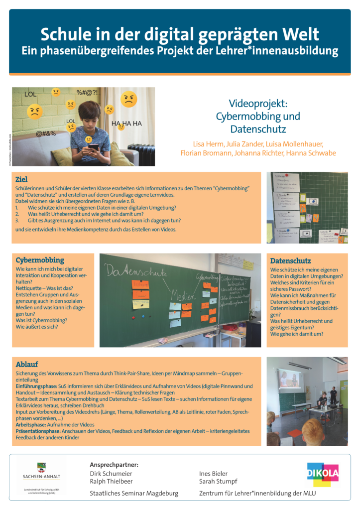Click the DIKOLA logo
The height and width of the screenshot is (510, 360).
click(x=323, y=474)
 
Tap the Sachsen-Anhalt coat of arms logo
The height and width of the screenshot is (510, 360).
click(x=41, y=468)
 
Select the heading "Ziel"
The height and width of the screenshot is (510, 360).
click(x=21, y=179)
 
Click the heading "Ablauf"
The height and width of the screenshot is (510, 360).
click(x=27, y=364)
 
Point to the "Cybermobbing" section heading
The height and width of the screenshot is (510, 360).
click(x=40, y=260)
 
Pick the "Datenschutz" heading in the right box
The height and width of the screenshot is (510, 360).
click(x=290, y=260)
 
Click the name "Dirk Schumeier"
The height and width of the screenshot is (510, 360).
click(x=111, y=474)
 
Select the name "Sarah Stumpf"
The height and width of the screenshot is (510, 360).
click(x=218, y=482)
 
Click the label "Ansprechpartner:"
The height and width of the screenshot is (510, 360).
click(x=114, y=465)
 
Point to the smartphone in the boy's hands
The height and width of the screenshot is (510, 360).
click(x=93, y=147)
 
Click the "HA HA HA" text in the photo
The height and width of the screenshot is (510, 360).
click(x=126, y=124)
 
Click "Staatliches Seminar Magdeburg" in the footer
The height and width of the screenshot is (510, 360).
click(x=133, y=494)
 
